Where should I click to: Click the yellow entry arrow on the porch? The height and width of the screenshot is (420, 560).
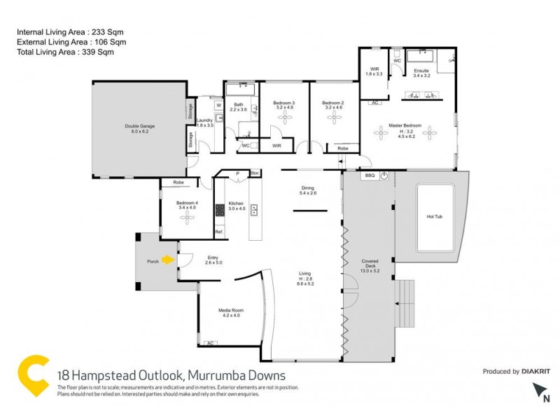click(x=167, y=260)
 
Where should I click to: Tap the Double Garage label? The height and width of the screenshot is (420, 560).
click(x=139, y=127)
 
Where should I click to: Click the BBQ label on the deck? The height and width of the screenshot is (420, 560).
click(x=370, y=176)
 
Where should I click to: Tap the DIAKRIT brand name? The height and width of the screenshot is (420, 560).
click(x=536, y=372)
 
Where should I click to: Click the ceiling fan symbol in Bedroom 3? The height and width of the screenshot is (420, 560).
click(x=284, y=118)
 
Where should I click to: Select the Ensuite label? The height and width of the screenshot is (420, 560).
click(x=421, y=71)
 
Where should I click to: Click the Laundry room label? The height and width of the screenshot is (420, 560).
click(x=204, y=120)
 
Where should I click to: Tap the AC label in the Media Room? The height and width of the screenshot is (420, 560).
click(x=209, y=343)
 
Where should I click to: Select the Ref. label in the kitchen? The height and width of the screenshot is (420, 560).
click(x=218, y=232)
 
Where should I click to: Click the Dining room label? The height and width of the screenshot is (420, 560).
click(x=308, y=188)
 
